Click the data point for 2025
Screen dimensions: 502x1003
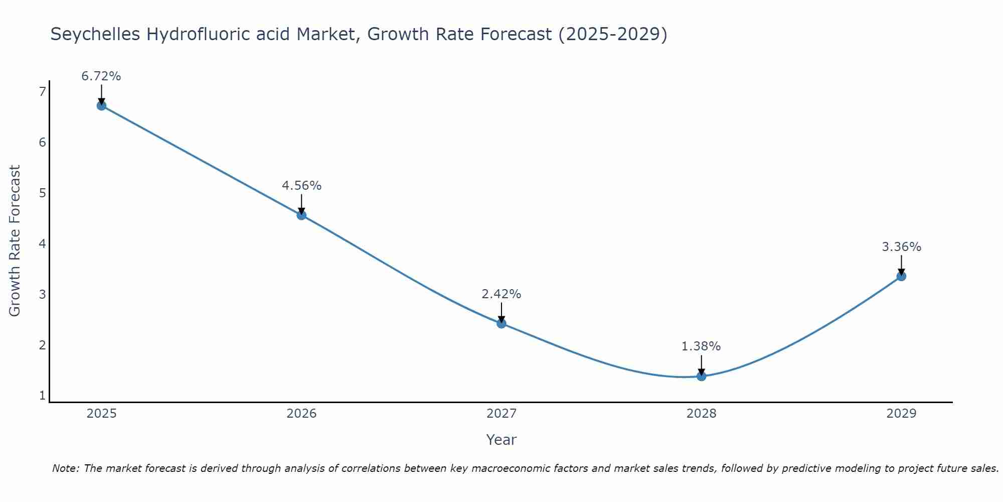pos(101,105)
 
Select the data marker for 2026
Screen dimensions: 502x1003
pos(301,215)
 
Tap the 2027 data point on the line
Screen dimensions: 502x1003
pos(501,323)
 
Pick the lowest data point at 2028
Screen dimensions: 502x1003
pos(701,376)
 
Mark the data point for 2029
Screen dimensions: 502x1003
pos(901,276)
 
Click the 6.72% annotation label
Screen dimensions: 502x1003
pos(101,76)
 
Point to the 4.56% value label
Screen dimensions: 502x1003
pos(301,186)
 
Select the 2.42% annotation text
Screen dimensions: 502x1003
pos(501,294)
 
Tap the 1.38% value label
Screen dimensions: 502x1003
pos(701,346)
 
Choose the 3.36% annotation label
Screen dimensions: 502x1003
pos(901,247)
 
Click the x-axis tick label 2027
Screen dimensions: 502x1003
pos(501,414)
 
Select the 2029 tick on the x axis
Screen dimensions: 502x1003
pos(901,414)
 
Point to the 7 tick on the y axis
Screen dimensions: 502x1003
pos(42,91)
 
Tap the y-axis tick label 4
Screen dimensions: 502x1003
pos(42,244)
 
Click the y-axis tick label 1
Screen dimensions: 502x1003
pos(42,396)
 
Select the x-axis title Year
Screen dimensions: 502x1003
pos(501,440)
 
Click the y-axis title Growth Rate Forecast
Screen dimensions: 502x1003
pos(15,241)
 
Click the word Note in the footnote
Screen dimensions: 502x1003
pos(65,468)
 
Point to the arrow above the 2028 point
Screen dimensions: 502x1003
pos(701,365)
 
